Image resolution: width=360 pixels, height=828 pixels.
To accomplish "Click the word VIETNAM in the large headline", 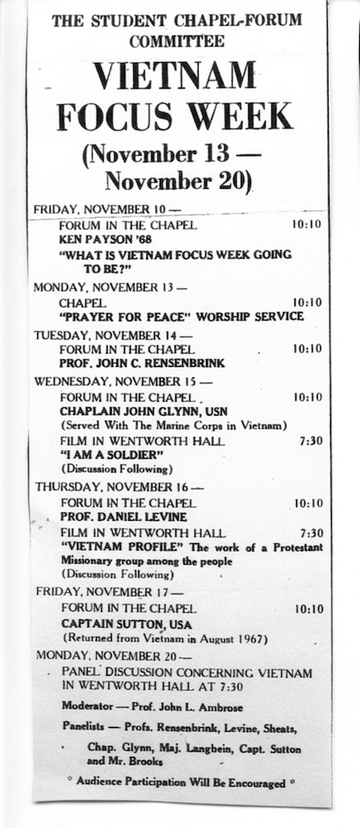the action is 174,77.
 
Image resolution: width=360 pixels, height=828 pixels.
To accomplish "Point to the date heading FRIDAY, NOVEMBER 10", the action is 105,209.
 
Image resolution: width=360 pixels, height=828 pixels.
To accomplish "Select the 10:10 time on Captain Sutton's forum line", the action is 308,609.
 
